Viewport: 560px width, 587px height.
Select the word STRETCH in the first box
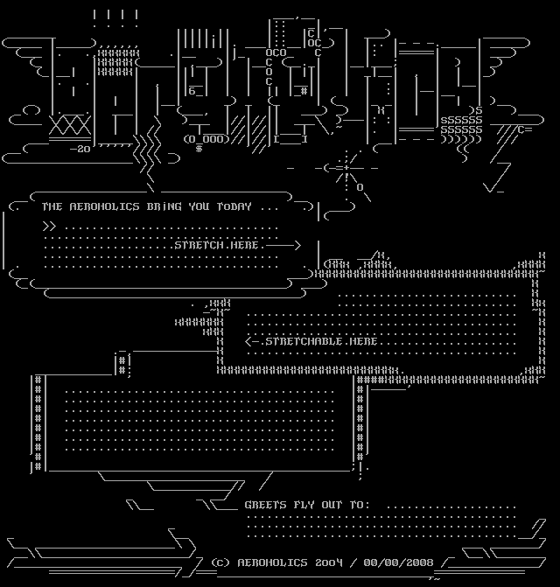click(x=198, y=245)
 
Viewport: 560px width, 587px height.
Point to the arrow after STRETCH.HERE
click(x=284, y=245)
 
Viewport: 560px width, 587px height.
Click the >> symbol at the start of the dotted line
click(x=49, y=226)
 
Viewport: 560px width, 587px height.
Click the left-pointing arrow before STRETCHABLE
click(x=254, y=341)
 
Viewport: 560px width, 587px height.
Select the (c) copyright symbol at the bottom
click(x=220, y=562)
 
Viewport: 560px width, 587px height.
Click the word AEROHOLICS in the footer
click(x=270, y=562)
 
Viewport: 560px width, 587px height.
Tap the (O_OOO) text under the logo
click(x=206, y=138)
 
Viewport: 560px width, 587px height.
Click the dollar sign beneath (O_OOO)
click(x=199, y=149)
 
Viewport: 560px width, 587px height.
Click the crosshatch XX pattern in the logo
click(x=70, y=126)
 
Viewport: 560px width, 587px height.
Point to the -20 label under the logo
click(x=80, y=150)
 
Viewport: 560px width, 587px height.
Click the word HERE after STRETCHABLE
click(x=363, y=341)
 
